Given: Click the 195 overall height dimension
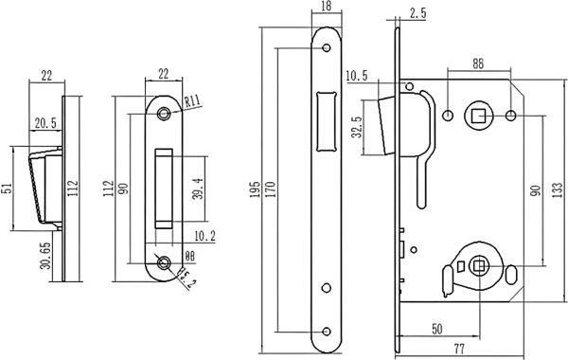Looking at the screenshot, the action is [255, 189].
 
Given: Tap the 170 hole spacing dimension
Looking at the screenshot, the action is [270, 189].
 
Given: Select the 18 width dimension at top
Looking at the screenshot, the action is [326, 7].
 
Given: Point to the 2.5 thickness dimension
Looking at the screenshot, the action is [418, 13].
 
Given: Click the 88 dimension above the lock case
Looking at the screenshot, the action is [478, 63].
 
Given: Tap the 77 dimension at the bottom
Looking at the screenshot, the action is [459, 350].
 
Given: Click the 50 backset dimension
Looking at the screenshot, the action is [437, 329].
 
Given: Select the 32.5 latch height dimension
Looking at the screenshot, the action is [357, 127].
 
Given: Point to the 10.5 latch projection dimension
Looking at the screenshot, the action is [357, 76].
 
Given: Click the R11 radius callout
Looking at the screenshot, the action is [192, 101].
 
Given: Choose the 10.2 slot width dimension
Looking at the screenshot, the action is [204, 237].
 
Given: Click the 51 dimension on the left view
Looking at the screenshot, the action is [7, 189].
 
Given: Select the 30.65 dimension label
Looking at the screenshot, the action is [45, 256].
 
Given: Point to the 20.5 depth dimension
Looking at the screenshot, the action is [45, 123].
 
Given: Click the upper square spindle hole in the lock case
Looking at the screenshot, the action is [478, 117].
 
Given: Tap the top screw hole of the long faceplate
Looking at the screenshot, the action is [327, 47].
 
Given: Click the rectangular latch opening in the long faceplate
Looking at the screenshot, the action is [326, 121].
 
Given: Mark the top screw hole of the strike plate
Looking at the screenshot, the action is [164, 114].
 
